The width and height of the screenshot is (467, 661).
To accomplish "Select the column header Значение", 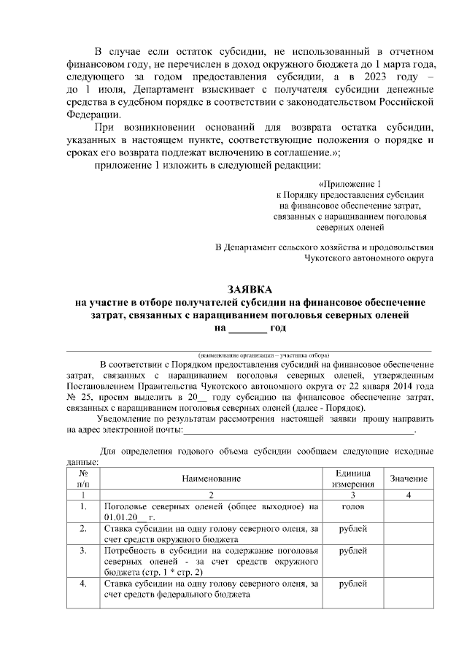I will point(409,478).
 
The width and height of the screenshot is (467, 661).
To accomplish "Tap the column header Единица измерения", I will point(353,478).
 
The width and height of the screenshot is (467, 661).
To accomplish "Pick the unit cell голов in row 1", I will point(353,506).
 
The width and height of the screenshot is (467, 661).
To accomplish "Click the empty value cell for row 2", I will point(409,533).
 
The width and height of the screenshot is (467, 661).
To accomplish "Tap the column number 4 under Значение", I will point(409,495).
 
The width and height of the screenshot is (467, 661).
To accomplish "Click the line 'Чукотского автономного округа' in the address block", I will point(368,258).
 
